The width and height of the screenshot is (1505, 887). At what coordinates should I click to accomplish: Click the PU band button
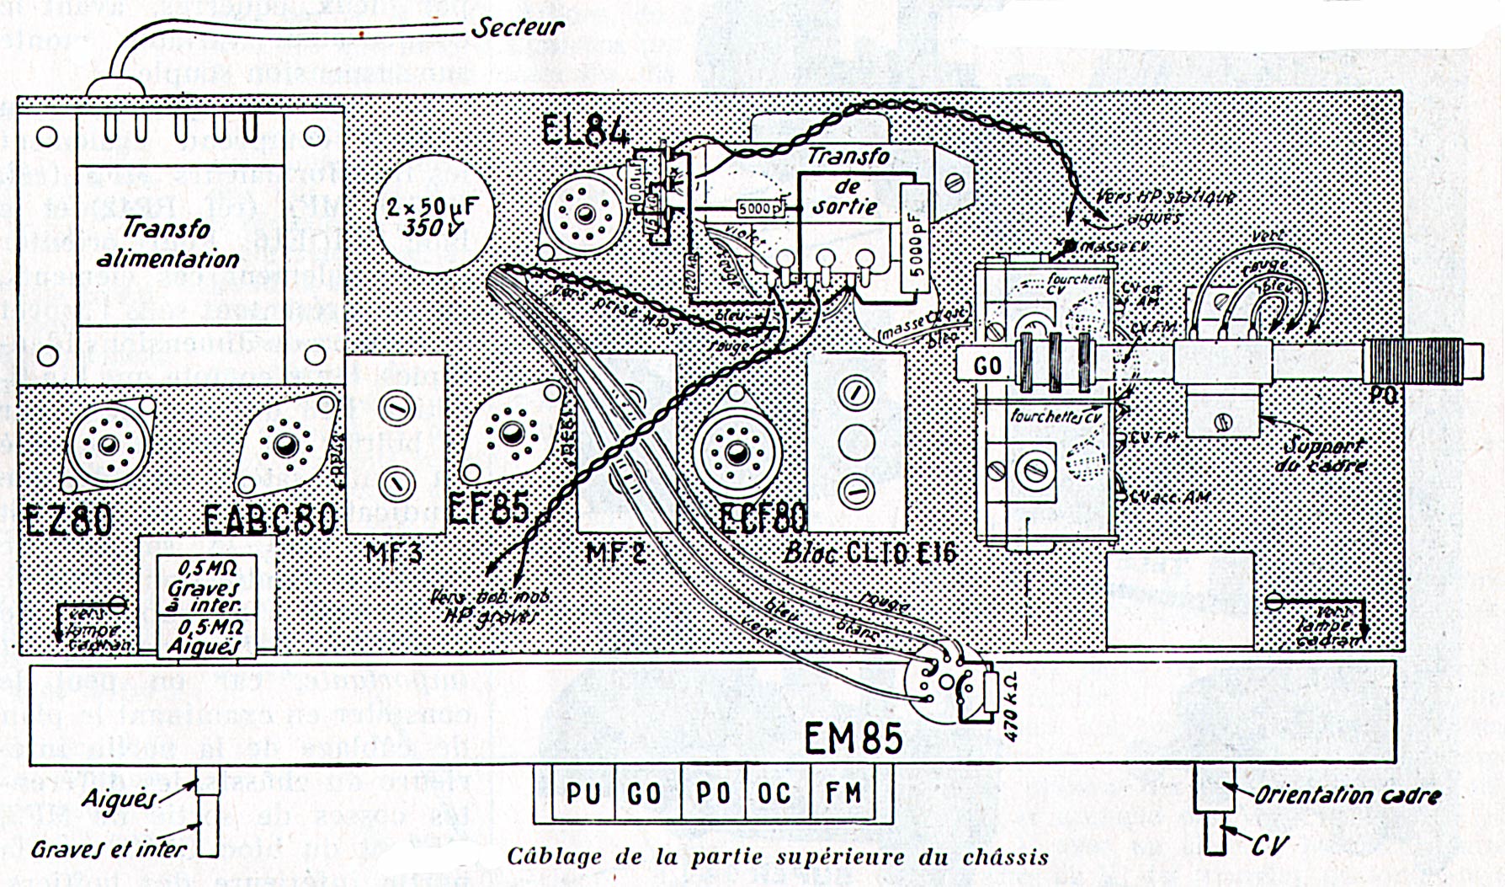click(582, 793)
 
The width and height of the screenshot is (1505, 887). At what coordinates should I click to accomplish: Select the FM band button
click(843, 793)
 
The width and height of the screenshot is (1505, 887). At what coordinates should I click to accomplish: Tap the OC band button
click(774, 793)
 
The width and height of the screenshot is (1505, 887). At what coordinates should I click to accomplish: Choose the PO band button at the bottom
click(712, 793)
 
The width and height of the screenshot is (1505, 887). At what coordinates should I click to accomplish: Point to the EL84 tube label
click(586, 131)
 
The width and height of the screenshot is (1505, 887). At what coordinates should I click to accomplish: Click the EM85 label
click(853, 740)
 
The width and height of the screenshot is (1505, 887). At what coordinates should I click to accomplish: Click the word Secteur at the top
click(517, 27)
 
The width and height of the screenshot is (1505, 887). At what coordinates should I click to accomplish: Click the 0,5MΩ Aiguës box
click(205, 637)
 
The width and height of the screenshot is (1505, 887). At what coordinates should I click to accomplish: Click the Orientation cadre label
click(1347, 794)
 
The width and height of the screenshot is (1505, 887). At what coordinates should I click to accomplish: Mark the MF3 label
click(394, 554)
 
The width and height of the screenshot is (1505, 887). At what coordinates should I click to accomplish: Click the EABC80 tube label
click(270, 518)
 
